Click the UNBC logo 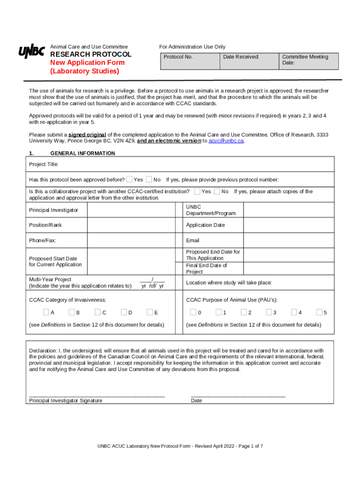[31, 52]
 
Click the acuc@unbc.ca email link [226, 141]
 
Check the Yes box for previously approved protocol [129, 180]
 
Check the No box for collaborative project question [217, 191]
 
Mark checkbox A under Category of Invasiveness [46, 312]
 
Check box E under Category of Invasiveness [150, 312]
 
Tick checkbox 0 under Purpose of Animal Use [193, 312]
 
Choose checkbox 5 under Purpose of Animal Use [319, 312]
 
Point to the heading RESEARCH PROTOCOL [91, 54]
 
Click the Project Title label [43, 165]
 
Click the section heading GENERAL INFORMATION [82, 153]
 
